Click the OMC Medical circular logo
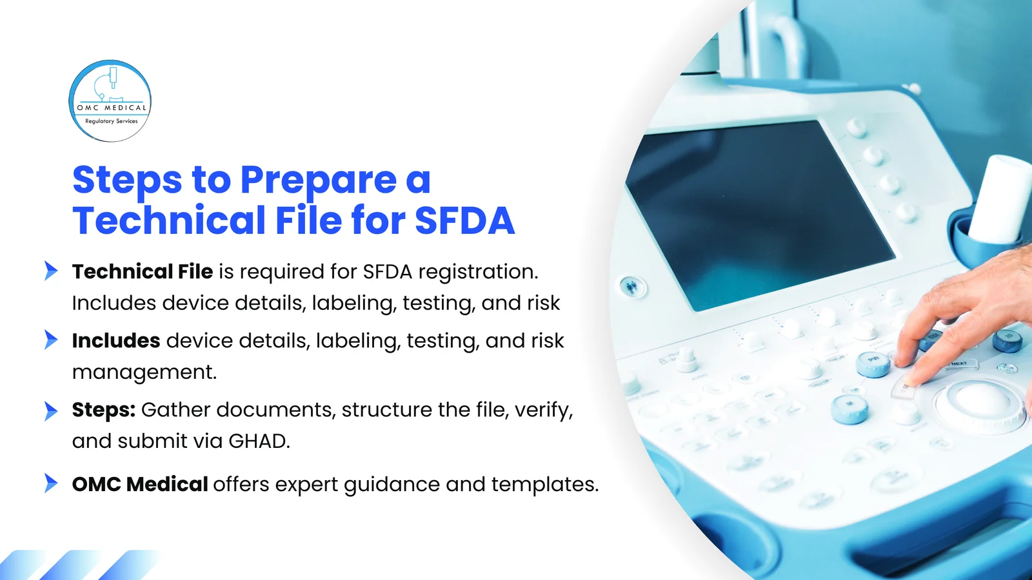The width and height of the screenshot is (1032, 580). point(110,101)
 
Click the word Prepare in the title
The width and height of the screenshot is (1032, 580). point(318,180)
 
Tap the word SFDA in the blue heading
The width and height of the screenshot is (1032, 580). point(464,221)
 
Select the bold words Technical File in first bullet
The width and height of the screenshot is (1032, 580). point(143,272)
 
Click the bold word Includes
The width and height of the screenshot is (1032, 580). point(116,341)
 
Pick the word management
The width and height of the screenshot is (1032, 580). point(144,372)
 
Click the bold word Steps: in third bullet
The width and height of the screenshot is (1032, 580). point(104,410)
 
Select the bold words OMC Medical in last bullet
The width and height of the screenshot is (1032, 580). point(140,485)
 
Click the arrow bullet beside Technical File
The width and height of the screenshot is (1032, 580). point(51,271)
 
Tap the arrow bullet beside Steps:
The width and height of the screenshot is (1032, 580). point(51,411)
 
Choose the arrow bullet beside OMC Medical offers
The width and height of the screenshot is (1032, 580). point(51,483)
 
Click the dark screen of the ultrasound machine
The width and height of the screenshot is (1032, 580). point(761,213)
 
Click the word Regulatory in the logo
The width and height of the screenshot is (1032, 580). point(99,121)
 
